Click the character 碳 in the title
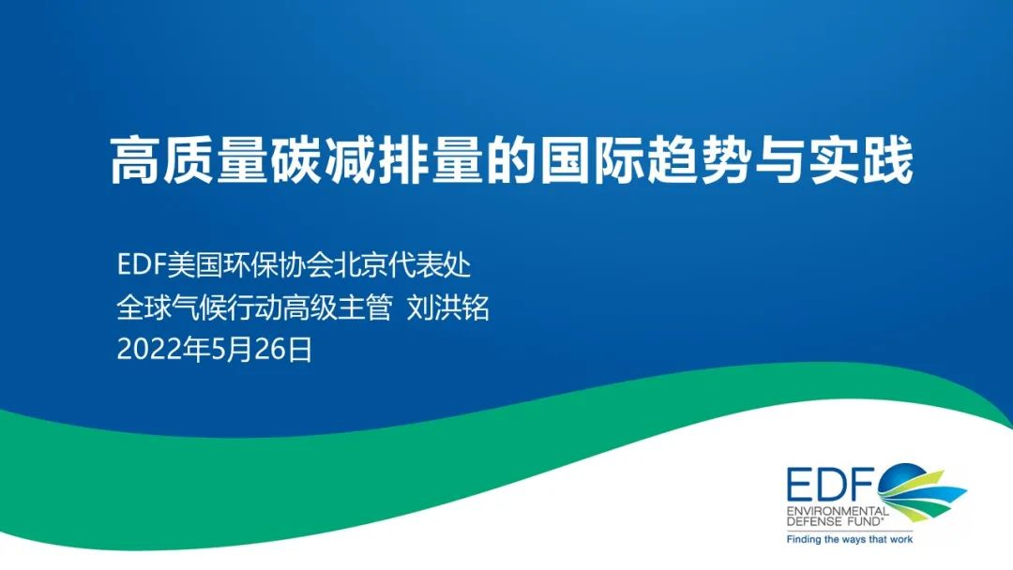(297, 160)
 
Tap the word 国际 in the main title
(594, 160)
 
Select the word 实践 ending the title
(862, 160)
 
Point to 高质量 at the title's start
(189, 160)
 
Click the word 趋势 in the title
(701, 160)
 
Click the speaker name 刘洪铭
(448, 307)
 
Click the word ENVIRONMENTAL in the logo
(838, 511)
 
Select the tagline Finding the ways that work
(850, 540)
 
